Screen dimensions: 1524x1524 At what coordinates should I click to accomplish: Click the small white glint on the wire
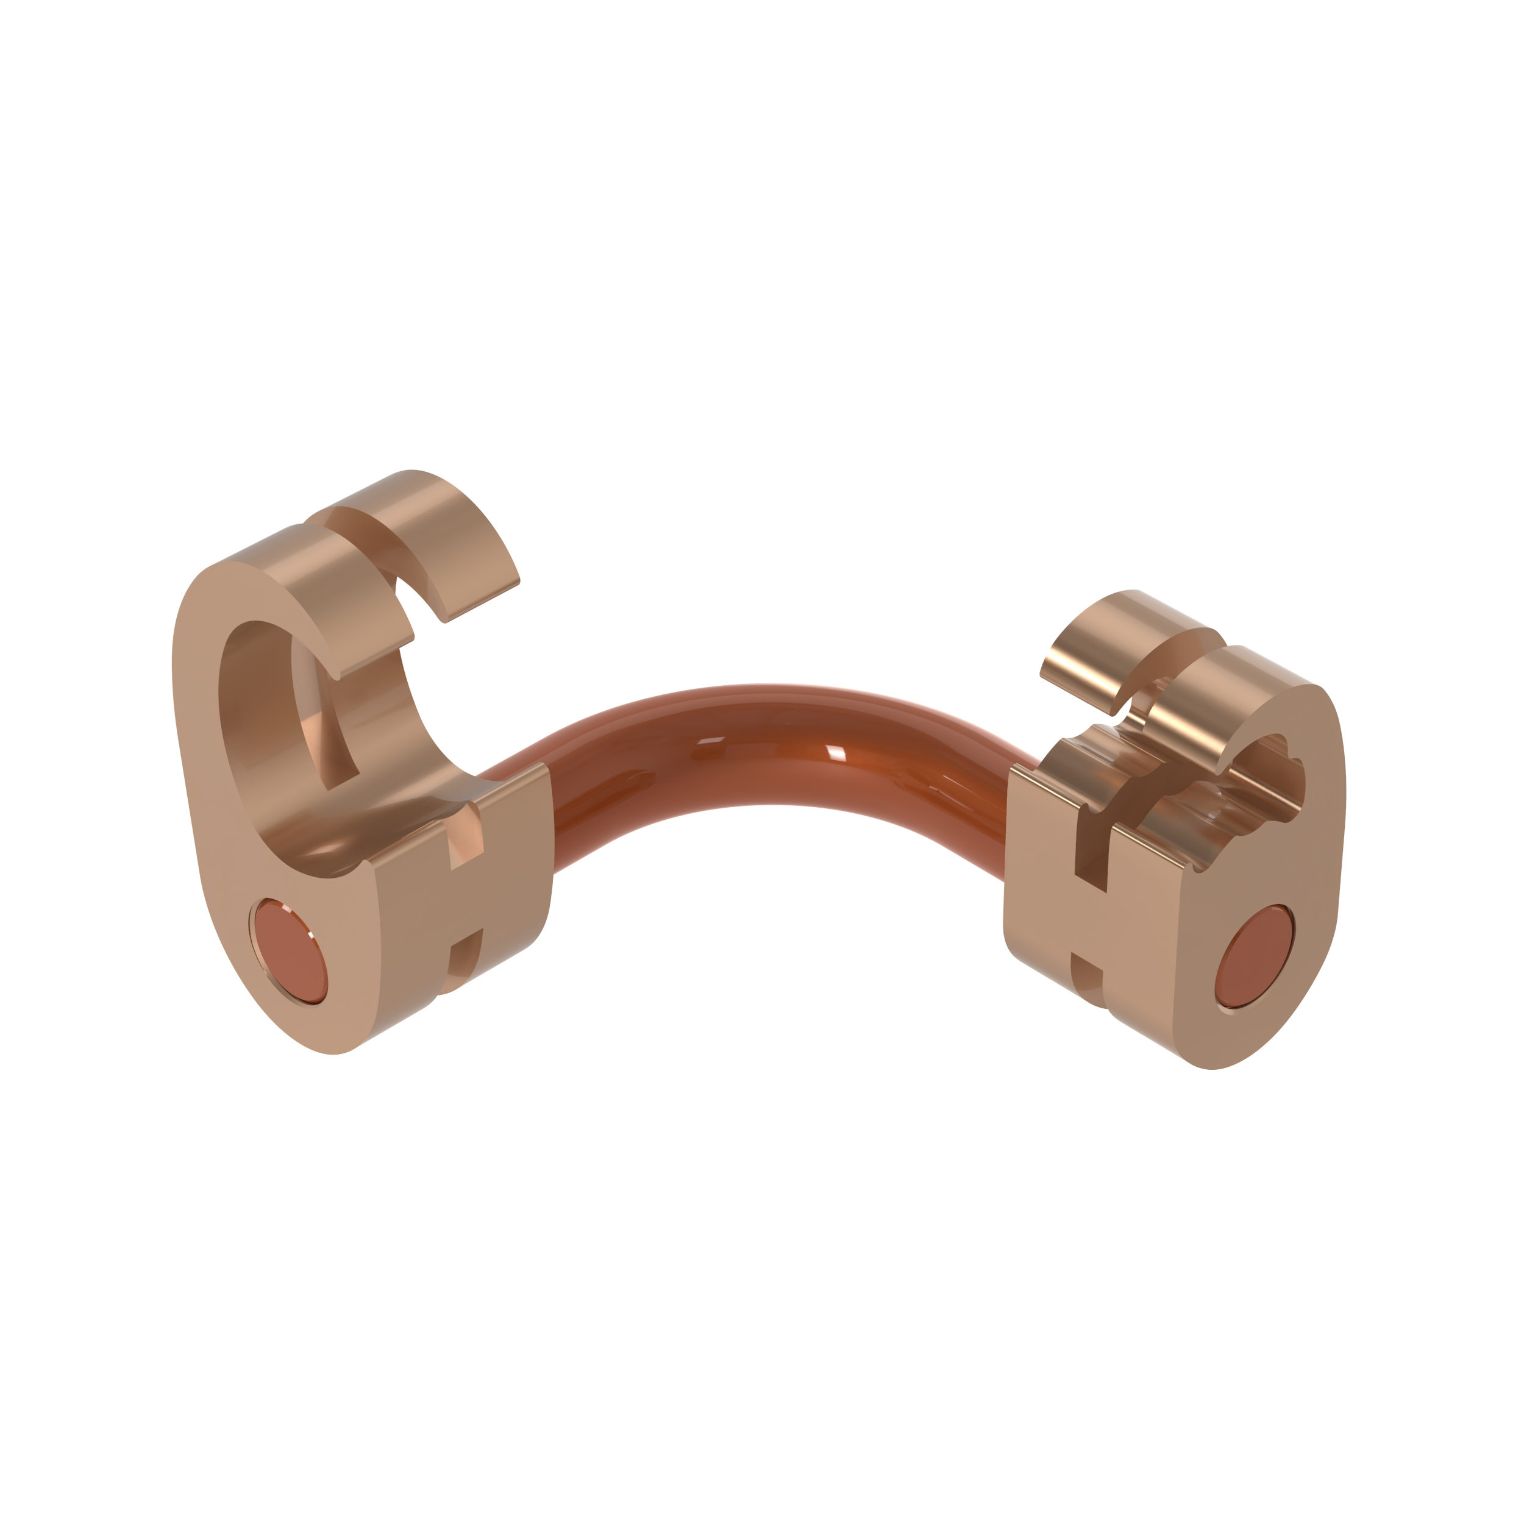[x=835, y=754]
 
